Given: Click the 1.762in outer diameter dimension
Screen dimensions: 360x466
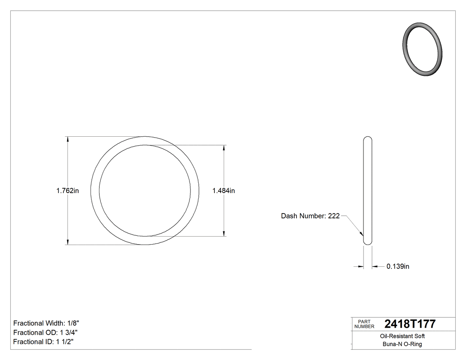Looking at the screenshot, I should pyautogui.click(x=67, y=191).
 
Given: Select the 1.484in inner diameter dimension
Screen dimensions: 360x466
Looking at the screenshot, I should pyautogui.click(x=224, y=191).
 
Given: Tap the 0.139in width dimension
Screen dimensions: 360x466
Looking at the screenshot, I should pyautogui.click(x=398, y=266).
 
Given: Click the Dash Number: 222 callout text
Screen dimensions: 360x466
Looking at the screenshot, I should pyautogui.click(x=310, y=216).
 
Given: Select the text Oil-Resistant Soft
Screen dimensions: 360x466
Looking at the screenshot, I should pyautogui.click(x=403, y=336).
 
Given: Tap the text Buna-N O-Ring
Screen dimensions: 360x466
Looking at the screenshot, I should pyautogui.click(x=403, y=344).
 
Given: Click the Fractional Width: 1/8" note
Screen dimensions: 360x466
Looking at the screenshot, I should pyautogui.click(x=46, y=323).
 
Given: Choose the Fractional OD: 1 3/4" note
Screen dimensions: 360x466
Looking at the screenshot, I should pyautogui.click(x=46, y=332).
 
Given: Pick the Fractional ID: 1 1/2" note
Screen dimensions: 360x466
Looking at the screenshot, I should pyautogui.click(x=43, y=342).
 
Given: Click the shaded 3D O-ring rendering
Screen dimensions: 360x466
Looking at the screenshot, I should pyautogui.click(x=423, y=49).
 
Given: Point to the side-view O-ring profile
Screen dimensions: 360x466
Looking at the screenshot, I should pyautogui.click(x=367, y=191).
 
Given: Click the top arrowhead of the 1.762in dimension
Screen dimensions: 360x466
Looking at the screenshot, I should pyautogui.click(x=67, y=139).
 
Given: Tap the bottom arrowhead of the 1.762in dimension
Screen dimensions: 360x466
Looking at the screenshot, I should pyautogui.click(x=67, y=241).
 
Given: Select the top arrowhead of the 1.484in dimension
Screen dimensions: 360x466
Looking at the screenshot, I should pyautogui.click(x=224, y=148).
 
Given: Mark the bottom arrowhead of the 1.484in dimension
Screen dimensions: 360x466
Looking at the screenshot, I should pyautogui.click(x=224, y=233).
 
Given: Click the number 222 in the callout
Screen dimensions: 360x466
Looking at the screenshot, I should pyautogui.click(x=334, y=216).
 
